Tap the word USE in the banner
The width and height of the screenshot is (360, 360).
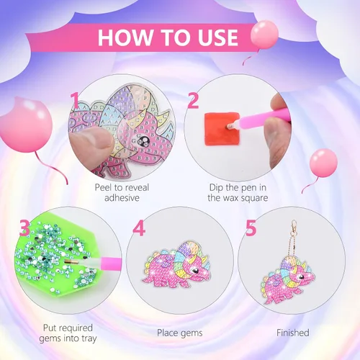218,37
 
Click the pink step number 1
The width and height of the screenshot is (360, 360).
75,101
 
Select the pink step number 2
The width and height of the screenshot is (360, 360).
194,101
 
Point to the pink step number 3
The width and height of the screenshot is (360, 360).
24,228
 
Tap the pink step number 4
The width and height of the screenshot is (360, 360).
139,228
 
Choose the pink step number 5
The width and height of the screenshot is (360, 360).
251,228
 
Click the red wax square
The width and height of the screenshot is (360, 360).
221,129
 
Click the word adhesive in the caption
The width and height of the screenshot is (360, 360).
122,198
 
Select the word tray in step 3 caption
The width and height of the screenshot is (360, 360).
88,338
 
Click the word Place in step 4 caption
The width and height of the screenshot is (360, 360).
167,333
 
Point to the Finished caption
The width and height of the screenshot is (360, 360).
293,333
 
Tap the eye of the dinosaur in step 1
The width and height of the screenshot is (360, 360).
145,140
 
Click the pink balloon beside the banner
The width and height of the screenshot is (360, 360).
264,35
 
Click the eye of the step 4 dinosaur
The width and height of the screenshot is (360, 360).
194,271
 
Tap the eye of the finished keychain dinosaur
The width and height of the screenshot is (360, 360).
300,277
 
